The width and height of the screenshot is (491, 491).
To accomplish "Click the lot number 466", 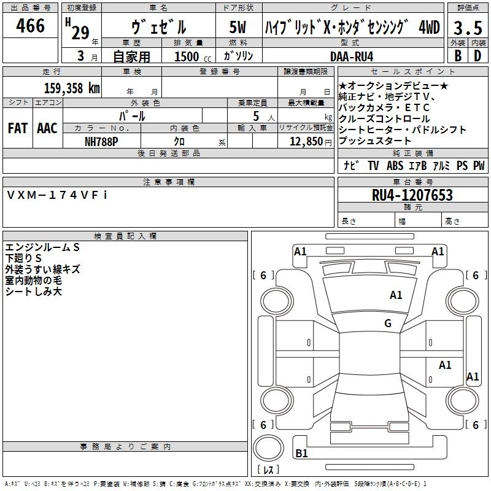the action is pyautogui.click(x=31, y=26).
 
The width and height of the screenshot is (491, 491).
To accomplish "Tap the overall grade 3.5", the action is pyautogui.click(x=466, y=28).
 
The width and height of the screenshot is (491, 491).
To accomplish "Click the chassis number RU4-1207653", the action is pyautogui.click(x=412, y=195).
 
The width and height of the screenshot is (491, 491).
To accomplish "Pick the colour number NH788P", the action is pyautogui.click(x=101, y=141).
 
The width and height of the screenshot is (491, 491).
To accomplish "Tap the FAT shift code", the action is pyautogui.click(x=17, y=128).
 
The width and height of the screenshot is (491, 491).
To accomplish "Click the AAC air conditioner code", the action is pyautogui.click(x=47, y=128).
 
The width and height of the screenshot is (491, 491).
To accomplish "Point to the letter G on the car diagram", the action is pyautogui.click(x=388, y=323).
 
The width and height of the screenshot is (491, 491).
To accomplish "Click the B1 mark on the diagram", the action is pyautogui.click(x=301, y=454).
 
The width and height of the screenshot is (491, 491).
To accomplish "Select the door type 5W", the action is pyautogui.click(x=239, y=28).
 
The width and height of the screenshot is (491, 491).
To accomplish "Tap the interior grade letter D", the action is pyautogui.click(x=477, y=55).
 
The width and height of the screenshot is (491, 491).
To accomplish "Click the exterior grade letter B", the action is pyautogui.click(x=457, y=55).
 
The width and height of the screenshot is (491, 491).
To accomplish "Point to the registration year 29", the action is pyautogui.click(x=80, y=32).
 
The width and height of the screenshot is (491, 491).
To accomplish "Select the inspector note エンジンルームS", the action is pyautogui.click(x=42, y=247).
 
